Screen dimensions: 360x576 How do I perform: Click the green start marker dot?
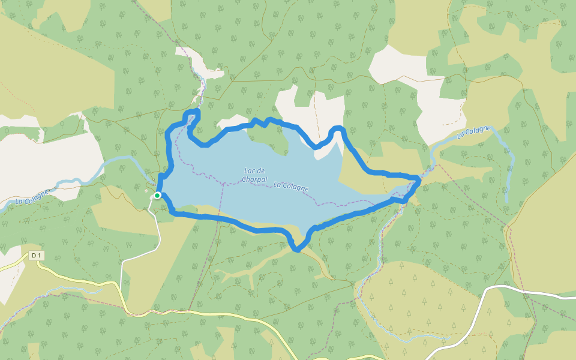point(157,196)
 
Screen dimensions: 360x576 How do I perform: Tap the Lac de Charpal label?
point(254,175)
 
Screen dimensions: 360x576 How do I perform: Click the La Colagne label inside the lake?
point(291,187)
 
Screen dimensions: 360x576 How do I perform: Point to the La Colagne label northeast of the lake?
point(474,132)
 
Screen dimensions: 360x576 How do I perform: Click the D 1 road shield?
point(37,256)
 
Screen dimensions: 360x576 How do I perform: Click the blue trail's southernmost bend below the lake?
point(296,249)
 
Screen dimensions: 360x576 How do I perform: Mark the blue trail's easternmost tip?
point(418,179)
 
